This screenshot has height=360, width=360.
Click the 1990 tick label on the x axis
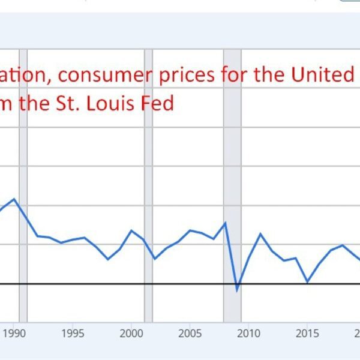point(14,333)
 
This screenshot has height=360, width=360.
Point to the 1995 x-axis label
point(73,333)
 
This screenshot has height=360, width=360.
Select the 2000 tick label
point(131,333)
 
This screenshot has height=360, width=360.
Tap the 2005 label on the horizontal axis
point(190,333)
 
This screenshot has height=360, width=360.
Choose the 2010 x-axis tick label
point(248,333)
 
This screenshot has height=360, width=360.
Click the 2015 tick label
point(307,333)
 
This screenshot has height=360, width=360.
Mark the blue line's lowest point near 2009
point(237,291)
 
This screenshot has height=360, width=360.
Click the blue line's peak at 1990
point(14,199)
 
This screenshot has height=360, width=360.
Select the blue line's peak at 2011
point(260,233)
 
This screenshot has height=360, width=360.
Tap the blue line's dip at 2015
point(307,281)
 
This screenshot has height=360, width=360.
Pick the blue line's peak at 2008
point(226,223)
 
